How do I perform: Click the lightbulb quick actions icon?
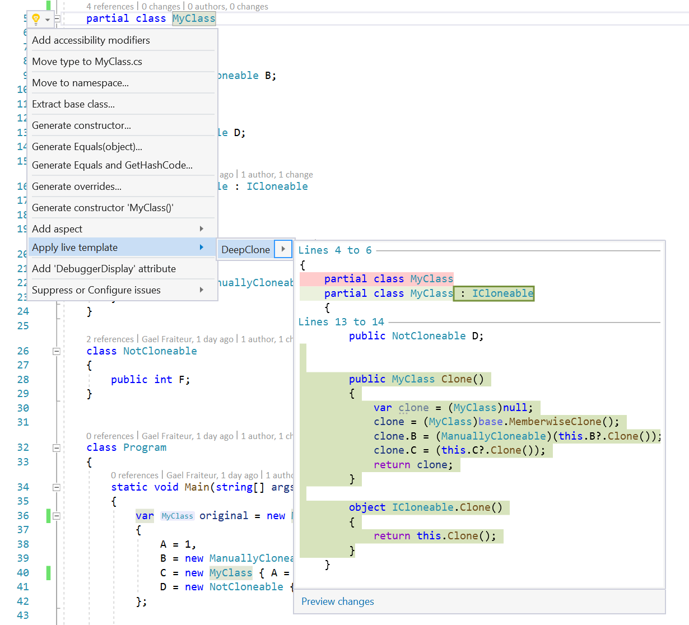[x=36, y=19]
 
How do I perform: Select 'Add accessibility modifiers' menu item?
[x=91, y=40]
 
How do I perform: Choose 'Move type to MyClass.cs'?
[x=87, y=62]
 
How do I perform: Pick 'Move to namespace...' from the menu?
[x=80, y=83]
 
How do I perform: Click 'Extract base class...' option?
[x=73, y=104]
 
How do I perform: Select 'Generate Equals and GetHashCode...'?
[x=112, y=165]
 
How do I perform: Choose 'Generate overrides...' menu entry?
[x=77, y=186]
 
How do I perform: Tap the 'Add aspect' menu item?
[x=57, y=229]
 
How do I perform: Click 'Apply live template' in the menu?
[x=75, y=248]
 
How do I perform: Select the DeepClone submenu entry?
[x=245, y=250]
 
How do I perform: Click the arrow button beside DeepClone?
[x=283, y=249]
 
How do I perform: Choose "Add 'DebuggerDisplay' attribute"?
[x=104, y=269]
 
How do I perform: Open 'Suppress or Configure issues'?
[x=96, y=290]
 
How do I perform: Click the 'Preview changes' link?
[x=338, y=601]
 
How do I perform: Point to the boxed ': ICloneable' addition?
[x=494, y=293]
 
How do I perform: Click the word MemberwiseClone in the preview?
[x=555, y=422]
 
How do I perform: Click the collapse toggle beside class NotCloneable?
[x=57, y=351]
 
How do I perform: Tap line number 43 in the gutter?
[x=23, y=615]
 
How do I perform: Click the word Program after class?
[x=145, y=447]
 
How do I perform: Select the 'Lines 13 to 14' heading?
[x=341, y=322]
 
